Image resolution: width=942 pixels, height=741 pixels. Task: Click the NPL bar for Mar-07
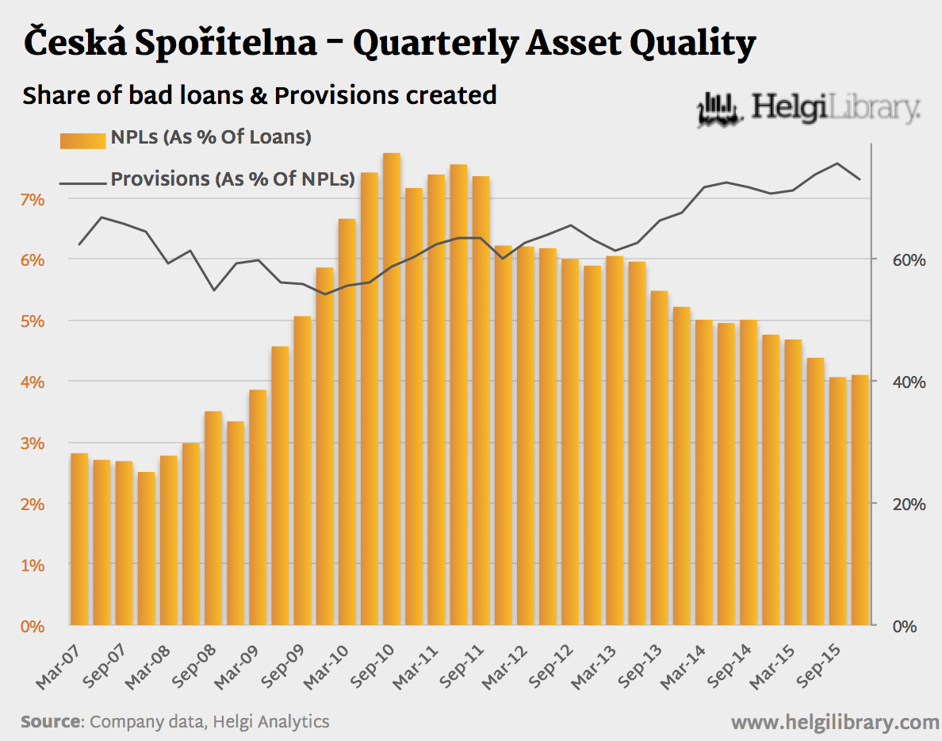[x=79, y=539]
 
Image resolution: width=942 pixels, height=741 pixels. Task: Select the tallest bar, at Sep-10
[x=392, y=389]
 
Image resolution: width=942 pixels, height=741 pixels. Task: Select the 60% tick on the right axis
[x=899, y=259]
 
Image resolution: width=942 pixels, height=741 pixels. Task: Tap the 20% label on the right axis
[x=899, y=504]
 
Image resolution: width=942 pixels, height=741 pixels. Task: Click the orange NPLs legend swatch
[x=82, y=140]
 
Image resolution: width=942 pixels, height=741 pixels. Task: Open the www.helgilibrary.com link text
[x=834, y=723]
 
